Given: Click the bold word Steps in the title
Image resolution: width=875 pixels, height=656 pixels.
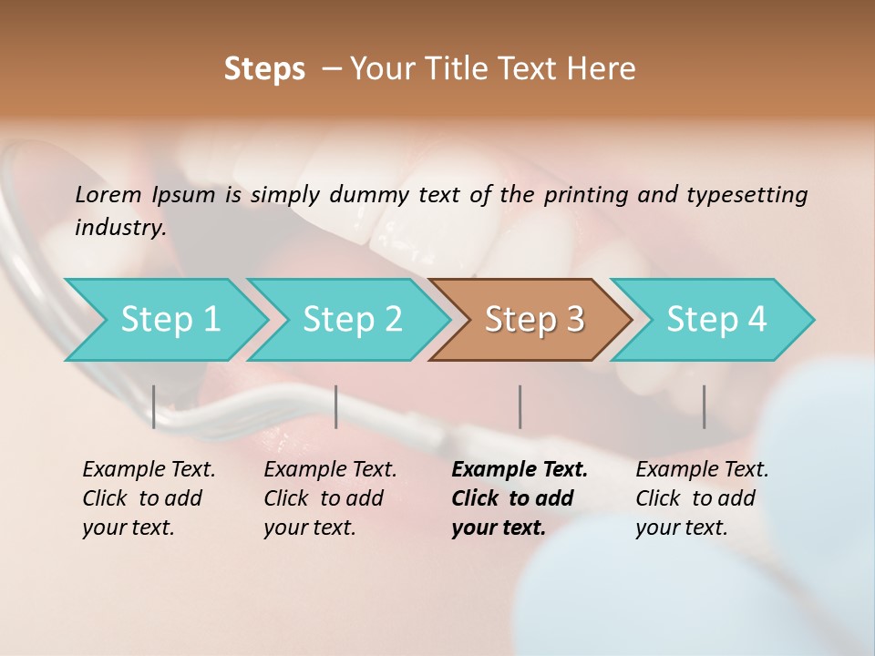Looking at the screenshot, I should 264,69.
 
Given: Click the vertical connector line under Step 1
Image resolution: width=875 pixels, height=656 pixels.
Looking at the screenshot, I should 154,406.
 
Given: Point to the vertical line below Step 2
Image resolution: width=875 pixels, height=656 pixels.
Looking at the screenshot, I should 336,406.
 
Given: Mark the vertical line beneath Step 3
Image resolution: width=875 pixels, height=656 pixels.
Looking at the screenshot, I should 520,406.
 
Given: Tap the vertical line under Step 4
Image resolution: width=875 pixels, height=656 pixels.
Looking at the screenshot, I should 704,406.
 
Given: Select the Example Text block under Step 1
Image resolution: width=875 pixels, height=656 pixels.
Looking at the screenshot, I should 149,498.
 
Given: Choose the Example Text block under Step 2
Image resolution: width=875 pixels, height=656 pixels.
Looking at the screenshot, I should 330,498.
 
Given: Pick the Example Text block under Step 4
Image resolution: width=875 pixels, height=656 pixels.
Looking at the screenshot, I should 702,498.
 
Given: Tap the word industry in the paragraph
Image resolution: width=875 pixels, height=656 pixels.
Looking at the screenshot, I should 119,228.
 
